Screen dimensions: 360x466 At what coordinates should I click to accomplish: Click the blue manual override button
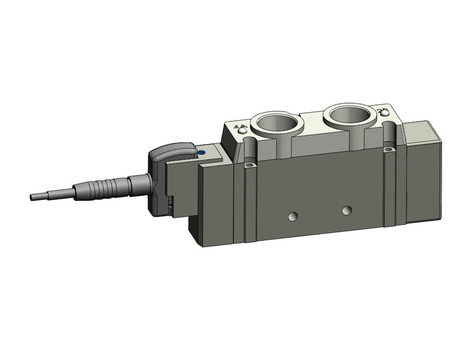(x=201, y=153)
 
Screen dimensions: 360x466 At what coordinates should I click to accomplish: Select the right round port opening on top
(x=348, y=115)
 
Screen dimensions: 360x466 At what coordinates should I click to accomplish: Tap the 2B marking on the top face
(x=383, y=112)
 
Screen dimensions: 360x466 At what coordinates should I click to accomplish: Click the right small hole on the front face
(x=347, y=210)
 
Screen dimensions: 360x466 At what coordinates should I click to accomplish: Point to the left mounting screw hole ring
(x=249, y=165)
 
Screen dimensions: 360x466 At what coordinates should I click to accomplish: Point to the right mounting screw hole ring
(x=388, y=149)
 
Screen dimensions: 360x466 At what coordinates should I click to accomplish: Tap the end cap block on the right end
(x=423, y=172)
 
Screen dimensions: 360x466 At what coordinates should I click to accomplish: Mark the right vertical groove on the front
(x=388, y=187)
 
